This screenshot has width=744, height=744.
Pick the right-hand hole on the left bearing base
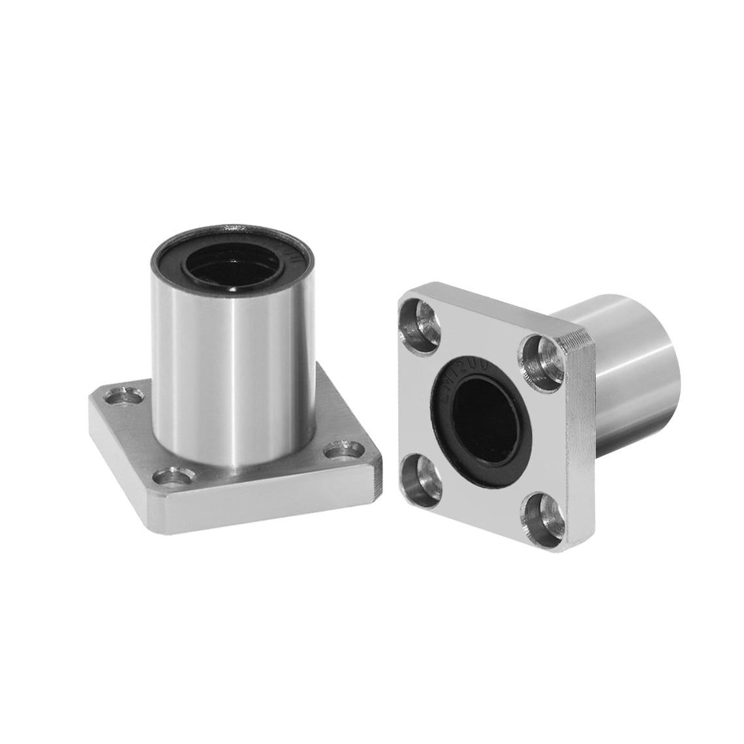[344, 450]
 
